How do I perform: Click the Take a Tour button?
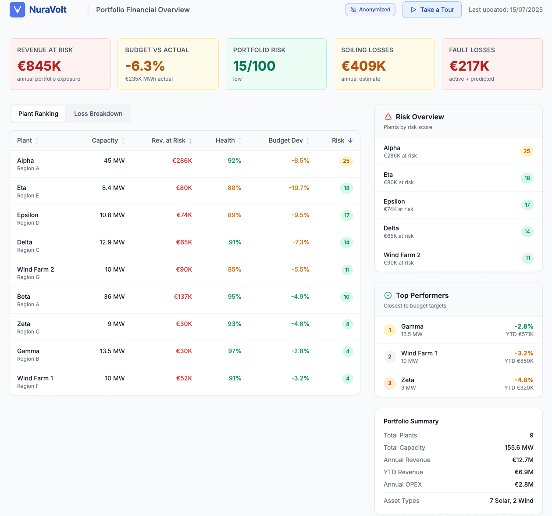tap(432, 10)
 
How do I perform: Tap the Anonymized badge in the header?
tap(370, 10)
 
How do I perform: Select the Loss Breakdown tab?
tap(98, 114)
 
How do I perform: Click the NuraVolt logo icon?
tap(18, 10)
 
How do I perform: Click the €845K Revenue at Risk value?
tap(39, 66)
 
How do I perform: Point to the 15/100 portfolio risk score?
tap(254, 66)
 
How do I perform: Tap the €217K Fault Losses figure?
tap(469, 66)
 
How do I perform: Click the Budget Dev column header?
tap(286, 140)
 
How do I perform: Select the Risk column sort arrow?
tap(350, 140)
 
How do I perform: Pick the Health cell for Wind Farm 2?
tap(235, 269)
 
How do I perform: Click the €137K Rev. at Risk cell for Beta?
tap(183, 297)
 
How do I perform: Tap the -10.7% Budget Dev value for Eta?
tap(299, 188)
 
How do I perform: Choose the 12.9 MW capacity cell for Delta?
tap(112, 242)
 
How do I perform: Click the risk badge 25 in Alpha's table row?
tap(346, 161)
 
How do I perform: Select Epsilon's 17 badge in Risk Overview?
tap(527, 205)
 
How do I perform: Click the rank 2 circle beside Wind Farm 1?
tap(390, 357)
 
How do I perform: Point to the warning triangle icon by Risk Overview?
tap(388, 117)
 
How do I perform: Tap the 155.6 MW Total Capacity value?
tap(519, 448)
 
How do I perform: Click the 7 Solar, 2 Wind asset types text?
tap(511, 501)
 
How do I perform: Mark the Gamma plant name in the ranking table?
tap(28, 351)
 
